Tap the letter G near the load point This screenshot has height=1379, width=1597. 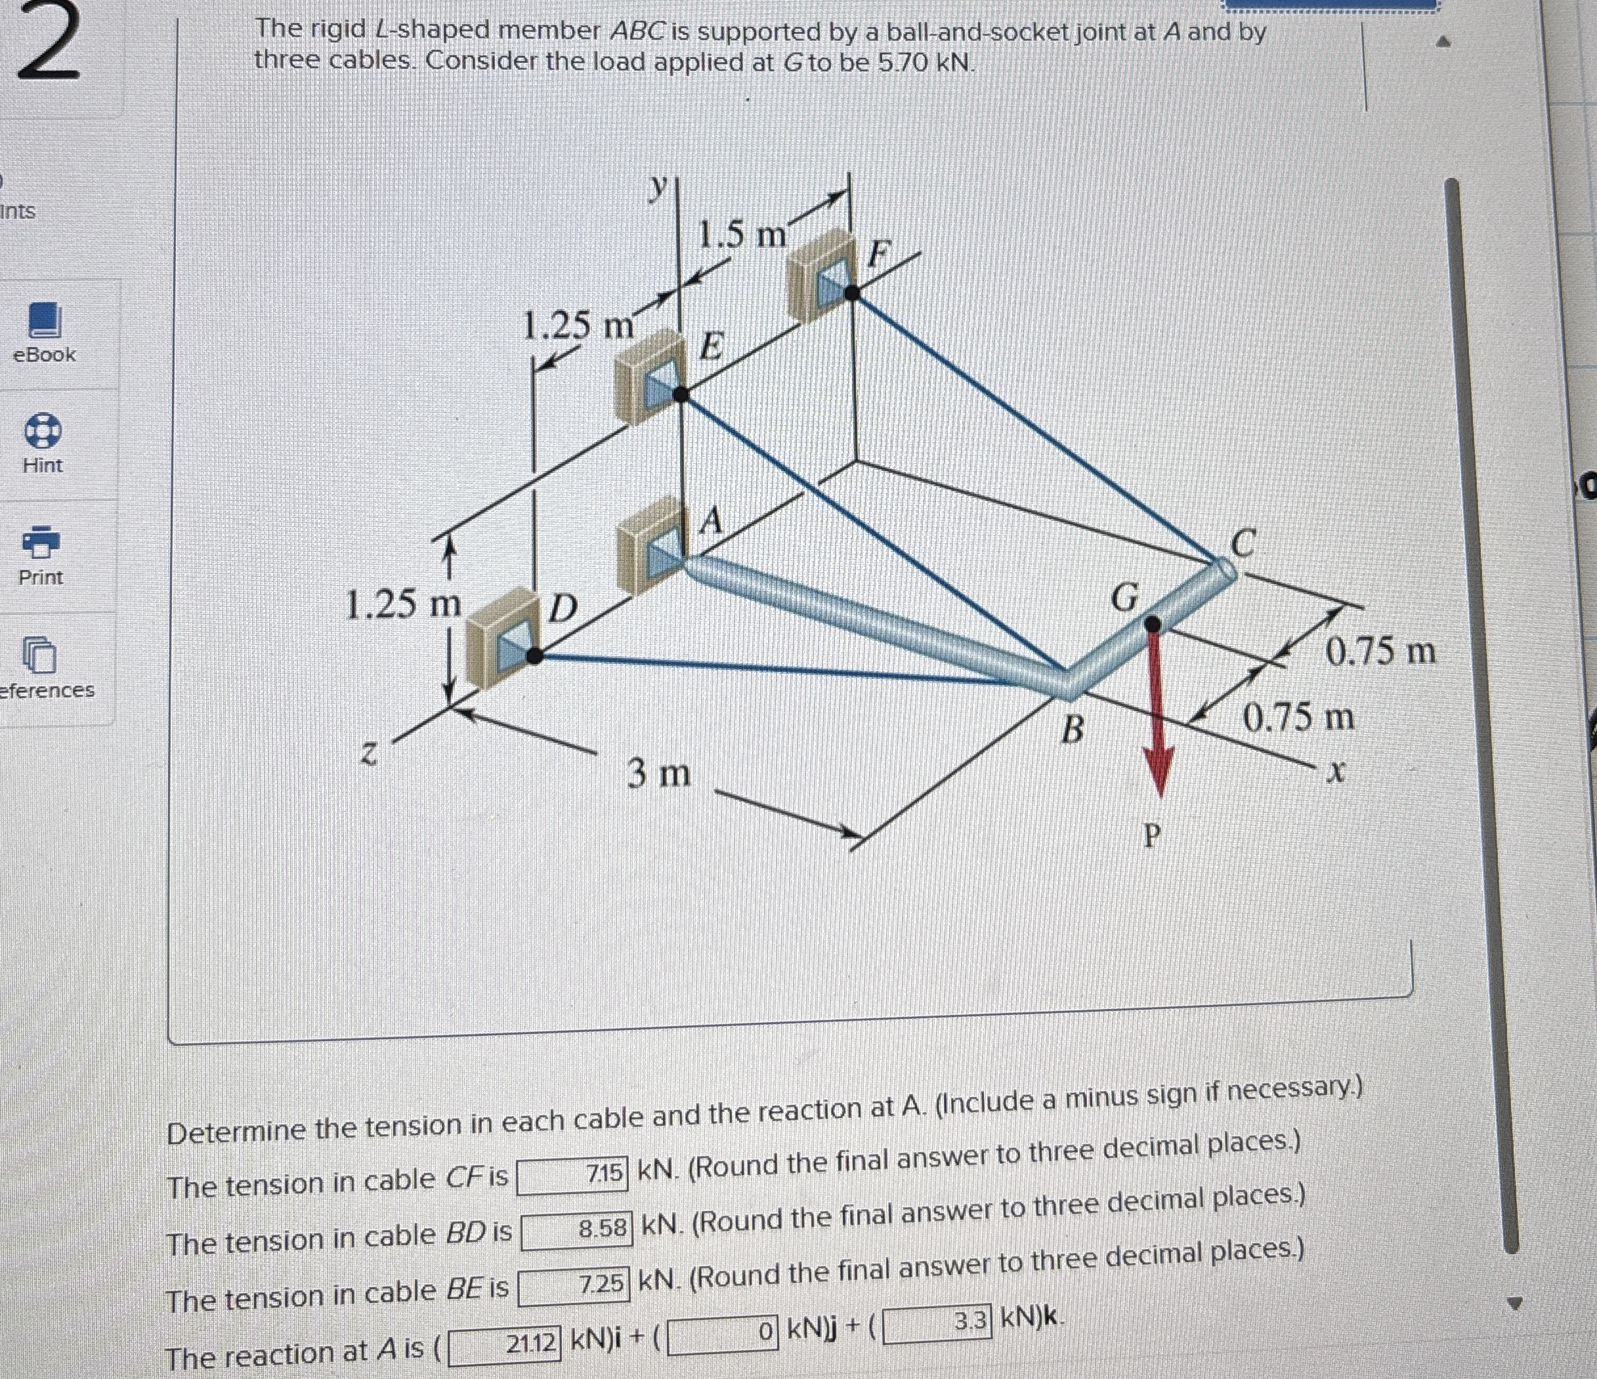coord(1126,597)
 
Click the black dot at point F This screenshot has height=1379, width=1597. coord(852,293)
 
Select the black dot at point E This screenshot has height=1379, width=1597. coord(681,394)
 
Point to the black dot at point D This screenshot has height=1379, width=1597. coord(534,655)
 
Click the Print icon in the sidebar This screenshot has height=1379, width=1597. coord(41,543)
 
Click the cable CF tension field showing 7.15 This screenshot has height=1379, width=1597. coord(572,1176)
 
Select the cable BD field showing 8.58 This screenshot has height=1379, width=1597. coord(576,1230)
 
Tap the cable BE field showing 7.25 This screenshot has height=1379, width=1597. coord(574,1286)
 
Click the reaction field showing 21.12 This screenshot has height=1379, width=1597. coord(505,1345)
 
